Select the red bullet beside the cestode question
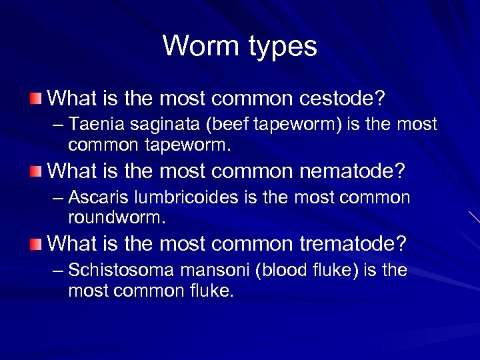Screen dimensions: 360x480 click(x=35, y=100)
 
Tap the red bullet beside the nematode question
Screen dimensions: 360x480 click(x=35, y=172)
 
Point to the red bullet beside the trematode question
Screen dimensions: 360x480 click(x=35, y=244)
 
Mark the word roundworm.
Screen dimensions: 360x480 click(x=117, y=217)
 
